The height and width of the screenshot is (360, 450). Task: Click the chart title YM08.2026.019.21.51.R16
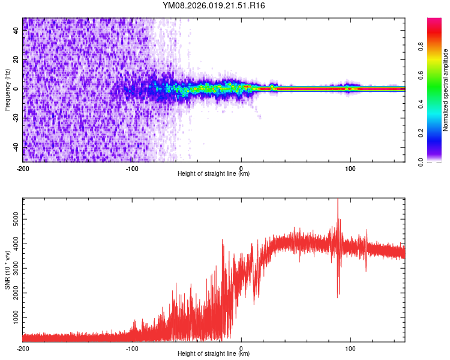[214, 5]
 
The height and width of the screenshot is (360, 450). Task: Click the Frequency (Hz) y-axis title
[7, 89]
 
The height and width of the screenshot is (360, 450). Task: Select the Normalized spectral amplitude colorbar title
[445, 89]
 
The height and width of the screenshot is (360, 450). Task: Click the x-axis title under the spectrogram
[214, 174]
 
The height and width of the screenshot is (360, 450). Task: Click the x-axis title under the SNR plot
[214, 353]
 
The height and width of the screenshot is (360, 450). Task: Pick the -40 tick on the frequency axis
[15, 147]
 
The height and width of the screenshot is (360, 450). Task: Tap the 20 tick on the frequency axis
[16, 59]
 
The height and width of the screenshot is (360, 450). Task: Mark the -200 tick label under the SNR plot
[23, 348]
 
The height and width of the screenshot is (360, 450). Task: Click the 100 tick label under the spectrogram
[350, 169]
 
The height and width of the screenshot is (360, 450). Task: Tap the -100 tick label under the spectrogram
[132, 169]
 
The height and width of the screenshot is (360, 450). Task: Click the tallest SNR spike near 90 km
[338, 201]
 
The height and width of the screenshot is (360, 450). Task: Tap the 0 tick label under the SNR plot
[241, 348]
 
